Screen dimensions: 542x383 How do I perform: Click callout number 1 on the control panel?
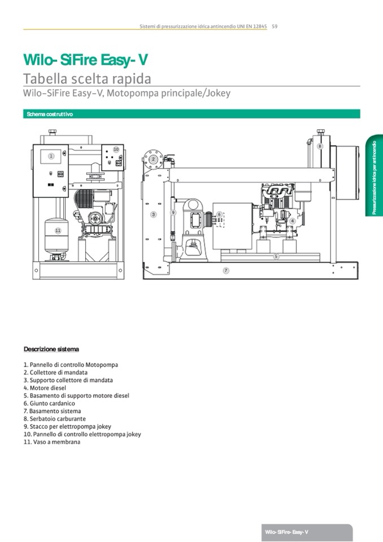click(x=51, y=156)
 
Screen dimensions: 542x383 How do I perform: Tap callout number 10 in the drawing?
click(x=116, y=149)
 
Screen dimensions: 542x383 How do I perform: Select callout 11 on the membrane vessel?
click(x=58, y=231)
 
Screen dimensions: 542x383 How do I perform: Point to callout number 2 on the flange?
click(x=153, y=159)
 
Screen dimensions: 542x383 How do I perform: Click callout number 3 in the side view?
click(x=153, y=215)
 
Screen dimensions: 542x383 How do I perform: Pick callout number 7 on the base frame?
click(x=226, y=271)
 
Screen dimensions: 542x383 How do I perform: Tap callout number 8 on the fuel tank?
click(x=320, y=146)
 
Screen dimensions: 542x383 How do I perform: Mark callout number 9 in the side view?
click(x=173, y=213)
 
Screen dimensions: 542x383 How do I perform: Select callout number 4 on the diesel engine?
click(x=292, y=221)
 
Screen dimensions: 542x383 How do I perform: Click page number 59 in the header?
click(x=275, y=26)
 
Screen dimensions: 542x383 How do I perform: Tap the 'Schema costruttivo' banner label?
click(x=49, y=114)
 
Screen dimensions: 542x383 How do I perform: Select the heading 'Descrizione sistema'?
click(x=51, y=349)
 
